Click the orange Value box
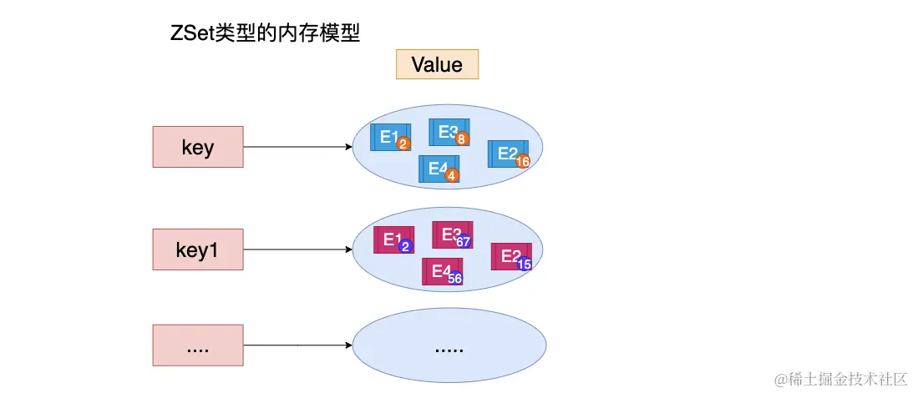(x=437, y=64)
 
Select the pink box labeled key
(x=198, y=147)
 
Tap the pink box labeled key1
(x=198, y=249)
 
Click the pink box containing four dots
(x=198, y=345)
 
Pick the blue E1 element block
(x=388, y=137)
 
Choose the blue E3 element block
(x=447, y=132)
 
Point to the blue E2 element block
(x=506, y=154)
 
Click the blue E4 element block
(x=437, y=169)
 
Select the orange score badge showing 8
(x=461, y=139)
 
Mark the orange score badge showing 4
(x=452, y=176)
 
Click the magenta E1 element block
(x=393, y=239)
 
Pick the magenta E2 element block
(x=510, y=256)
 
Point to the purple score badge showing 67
(x=464, y=242)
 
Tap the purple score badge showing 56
(x=455, y=279)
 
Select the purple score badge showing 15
(x=525, y=264)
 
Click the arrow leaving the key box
(x=297, y=147)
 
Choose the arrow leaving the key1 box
(x=297, y=249)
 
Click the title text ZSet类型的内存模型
(x=264, y=34)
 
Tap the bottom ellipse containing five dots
(x=449, y=345)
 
